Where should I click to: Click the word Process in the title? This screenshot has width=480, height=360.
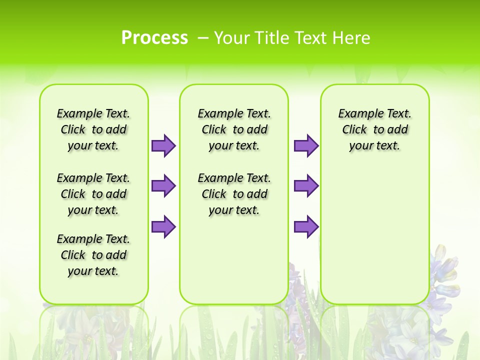point(154,38)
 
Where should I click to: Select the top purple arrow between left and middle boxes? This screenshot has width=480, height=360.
point(163,145)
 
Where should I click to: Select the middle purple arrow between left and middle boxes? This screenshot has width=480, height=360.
point(163,186)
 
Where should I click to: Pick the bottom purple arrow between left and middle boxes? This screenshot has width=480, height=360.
point(163,226)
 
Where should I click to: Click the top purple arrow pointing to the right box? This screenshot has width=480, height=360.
point(306,145)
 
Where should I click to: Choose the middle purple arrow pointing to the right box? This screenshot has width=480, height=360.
point(306,186)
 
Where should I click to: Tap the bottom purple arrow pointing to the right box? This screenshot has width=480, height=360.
point(306,226)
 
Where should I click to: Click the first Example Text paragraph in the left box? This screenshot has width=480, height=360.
point(93,129)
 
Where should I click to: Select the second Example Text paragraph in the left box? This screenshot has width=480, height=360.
point(93,194)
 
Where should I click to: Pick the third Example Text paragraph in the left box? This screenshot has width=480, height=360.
point(93,255)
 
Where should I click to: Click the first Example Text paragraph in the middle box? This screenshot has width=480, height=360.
point(234,129)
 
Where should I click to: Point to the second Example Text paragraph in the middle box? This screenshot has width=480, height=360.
point(234,194)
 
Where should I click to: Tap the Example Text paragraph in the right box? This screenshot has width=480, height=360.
point(374,129)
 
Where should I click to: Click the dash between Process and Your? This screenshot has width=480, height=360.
point(203,38)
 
